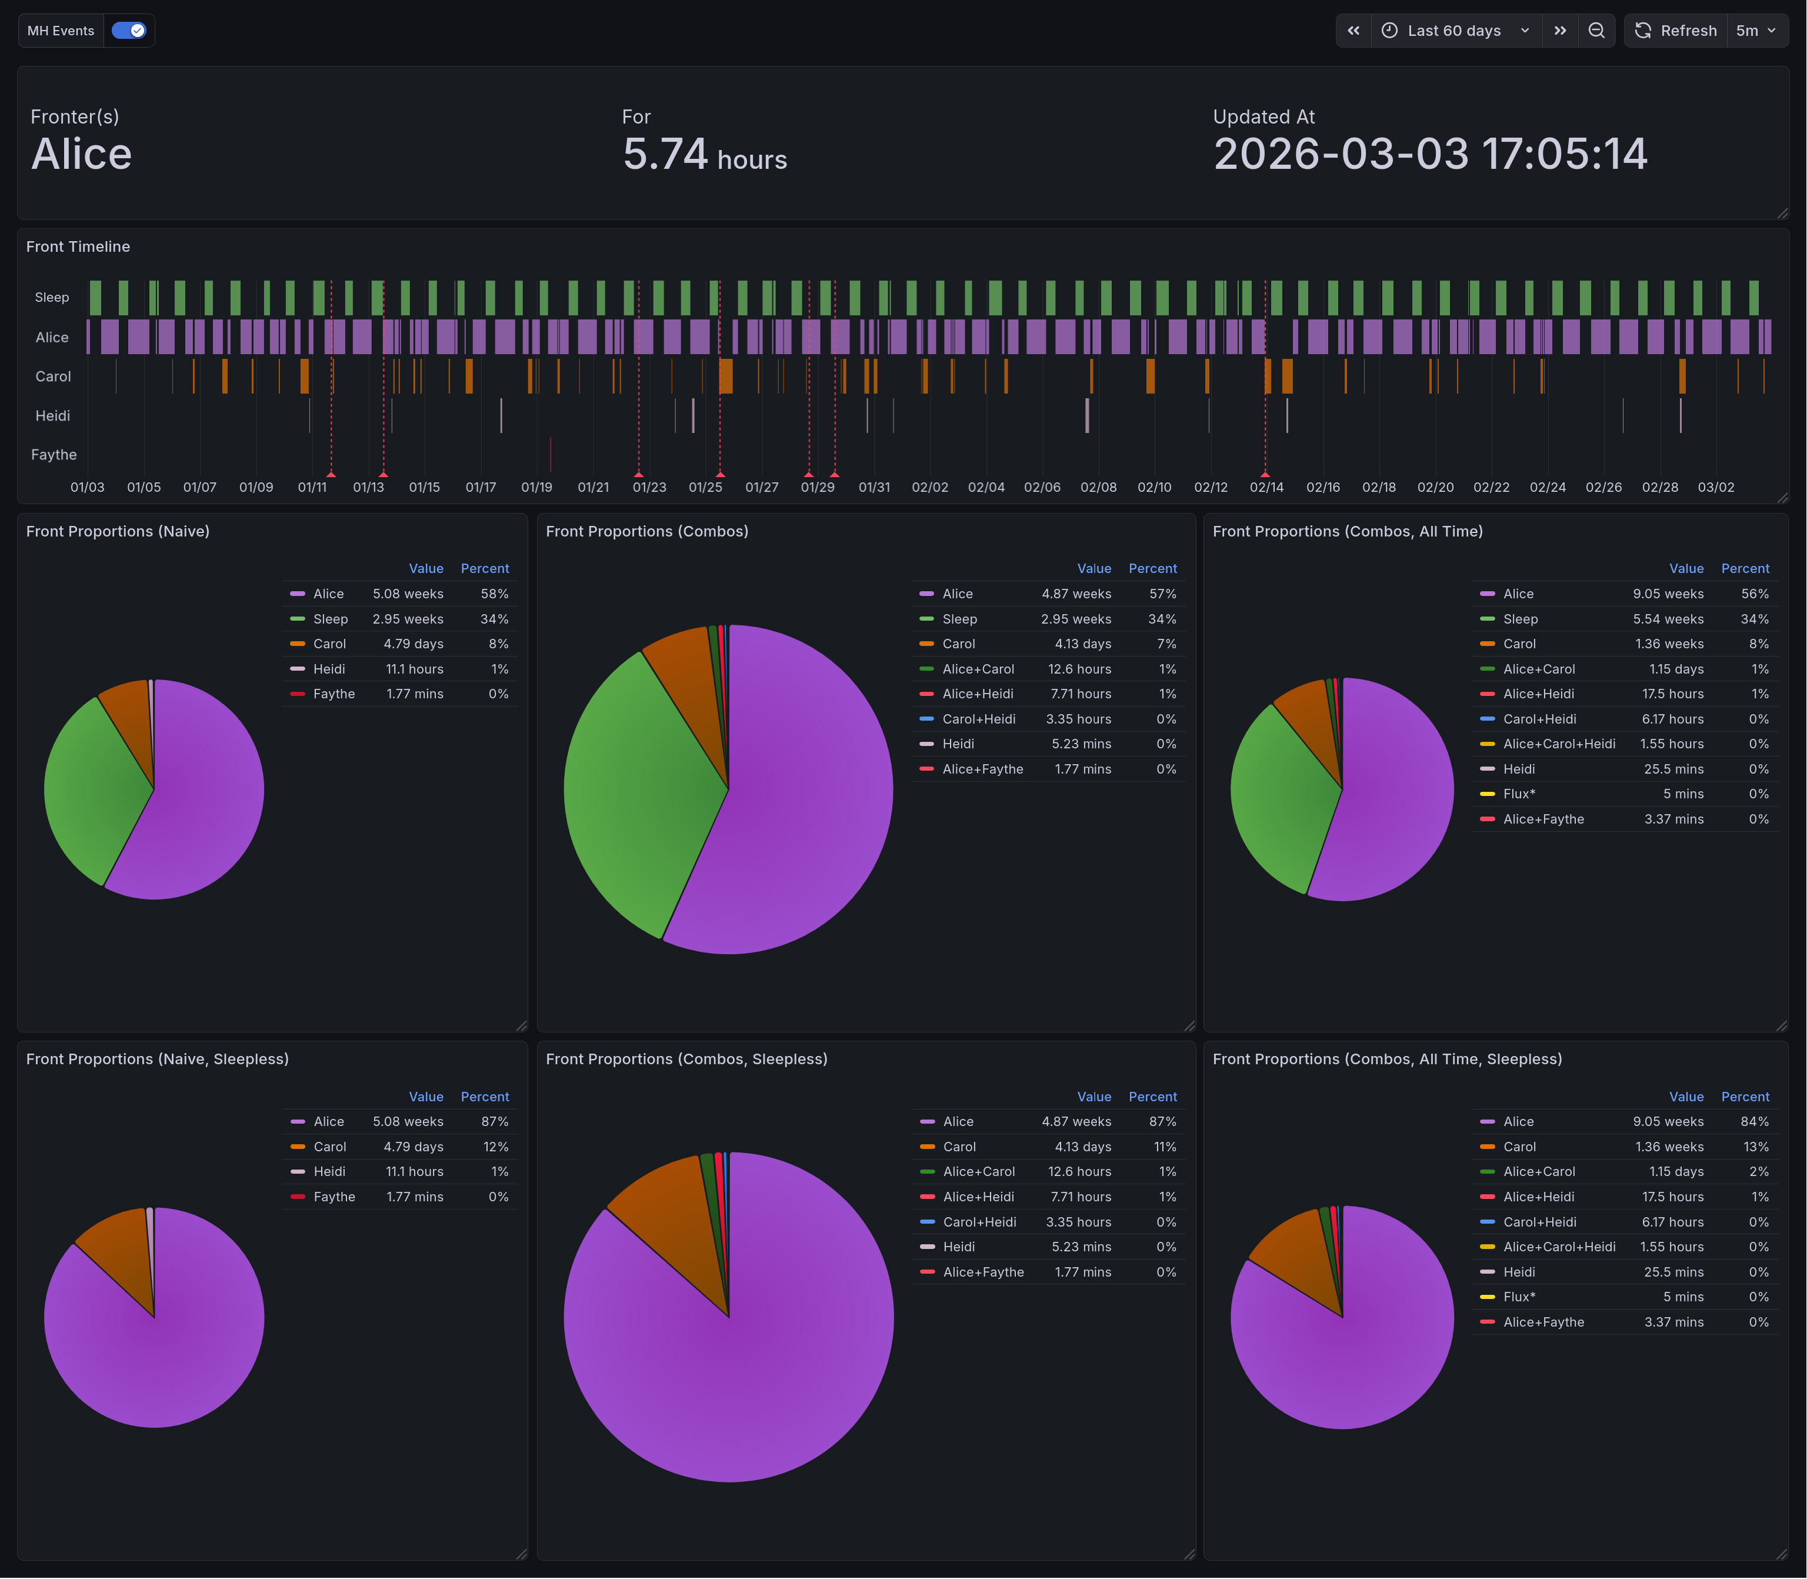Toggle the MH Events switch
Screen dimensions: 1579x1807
(129, 31)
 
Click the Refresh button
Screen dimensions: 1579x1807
(1676, 31)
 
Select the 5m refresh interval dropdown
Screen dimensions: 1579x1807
(1756, 31)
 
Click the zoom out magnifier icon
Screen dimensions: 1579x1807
(1596, 31)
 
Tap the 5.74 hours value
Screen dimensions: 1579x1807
(704, 155)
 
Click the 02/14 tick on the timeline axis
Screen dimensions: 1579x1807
(1266, 487)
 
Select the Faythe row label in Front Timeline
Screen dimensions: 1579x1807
(54, 455)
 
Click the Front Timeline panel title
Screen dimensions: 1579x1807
(78, 246)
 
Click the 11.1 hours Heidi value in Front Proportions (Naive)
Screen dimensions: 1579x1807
(414, 669)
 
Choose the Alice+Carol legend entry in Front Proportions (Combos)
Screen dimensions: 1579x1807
(978, 669)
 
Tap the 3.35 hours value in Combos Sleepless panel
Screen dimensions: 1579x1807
(1078, 1222)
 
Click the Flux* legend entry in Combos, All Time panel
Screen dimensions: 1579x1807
(1519, 794)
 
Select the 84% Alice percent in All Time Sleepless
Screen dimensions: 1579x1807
(1754, 1122)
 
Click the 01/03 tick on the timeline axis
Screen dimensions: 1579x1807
(87, 487)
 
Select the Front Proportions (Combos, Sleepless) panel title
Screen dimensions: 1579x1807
(686, 1059)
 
